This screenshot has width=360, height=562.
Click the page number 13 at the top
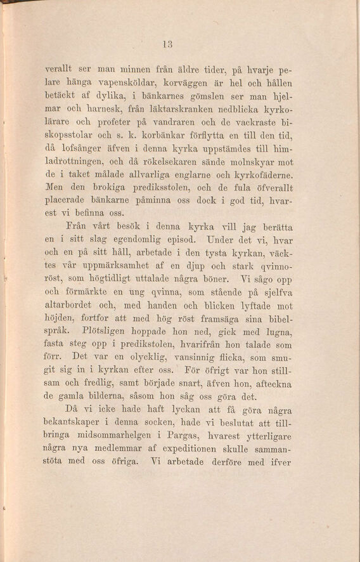(x=168, y=44)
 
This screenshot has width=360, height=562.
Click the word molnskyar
(x=245, y=162)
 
